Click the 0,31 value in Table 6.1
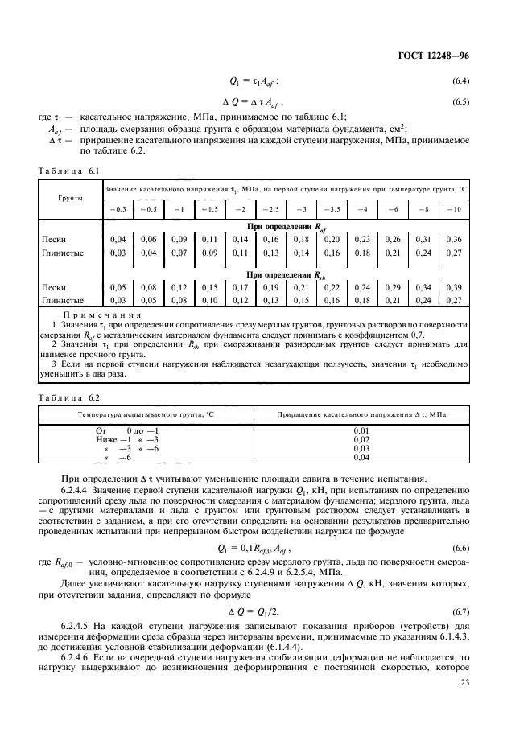[423, 240]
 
